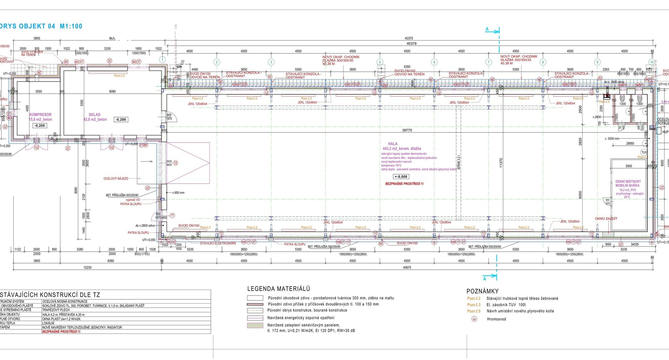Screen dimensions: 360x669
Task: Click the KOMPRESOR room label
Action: click(x=40, y=115)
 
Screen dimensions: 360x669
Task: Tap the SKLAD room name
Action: click(x=94, y=115)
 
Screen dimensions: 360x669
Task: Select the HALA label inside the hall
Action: click(x=393, y=144)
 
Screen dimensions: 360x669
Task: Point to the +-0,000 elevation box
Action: click(x=401, y=177)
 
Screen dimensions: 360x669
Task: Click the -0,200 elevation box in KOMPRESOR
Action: click(x=40, y=125)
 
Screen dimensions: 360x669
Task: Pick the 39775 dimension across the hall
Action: click(x=407, y=130)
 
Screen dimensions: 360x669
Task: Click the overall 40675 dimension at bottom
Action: click(x=407, y=268)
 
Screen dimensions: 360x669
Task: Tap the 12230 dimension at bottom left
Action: click(x=87, y=268)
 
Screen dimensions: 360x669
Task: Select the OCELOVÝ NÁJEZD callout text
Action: click(x=116, y=179)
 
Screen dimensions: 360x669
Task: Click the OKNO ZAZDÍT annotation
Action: click(x=606, y=219)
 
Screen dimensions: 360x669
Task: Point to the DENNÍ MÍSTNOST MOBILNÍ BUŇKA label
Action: click(x=628, y=183)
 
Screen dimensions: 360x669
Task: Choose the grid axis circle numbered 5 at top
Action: click(x=380, y=62)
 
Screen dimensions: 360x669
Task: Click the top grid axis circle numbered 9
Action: click(x=597, y=62)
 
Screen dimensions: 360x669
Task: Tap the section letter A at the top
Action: click(x=487, y=30)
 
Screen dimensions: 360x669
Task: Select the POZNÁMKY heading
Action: click(x=483, y=291)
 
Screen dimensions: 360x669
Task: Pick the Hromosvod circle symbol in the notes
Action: click(x=474, y=319)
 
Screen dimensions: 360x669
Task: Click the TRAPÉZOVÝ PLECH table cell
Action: click(x=56, y=310)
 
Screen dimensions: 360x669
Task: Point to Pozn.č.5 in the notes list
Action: click(x=474, y=311)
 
